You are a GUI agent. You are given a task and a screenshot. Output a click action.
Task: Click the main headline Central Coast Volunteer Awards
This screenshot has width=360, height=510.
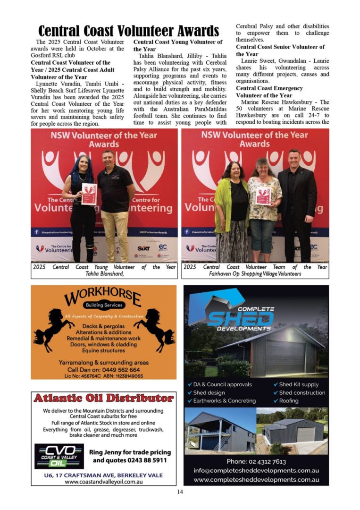coord(128,31)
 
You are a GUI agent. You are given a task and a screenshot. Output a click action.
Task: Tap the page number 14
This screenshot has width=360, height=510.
coord(180,492)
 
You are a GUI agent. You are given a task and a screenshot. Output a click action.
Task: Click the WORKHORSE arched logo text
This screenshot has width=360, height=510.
coord(103,298)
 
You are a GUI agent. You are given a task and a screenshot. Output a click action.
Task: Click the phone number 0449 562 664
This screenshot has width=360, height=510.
coord(116,370)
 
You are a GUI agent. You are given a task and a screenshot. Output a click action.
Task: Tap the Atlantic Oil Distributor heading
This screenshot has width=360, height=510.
coord(104,399)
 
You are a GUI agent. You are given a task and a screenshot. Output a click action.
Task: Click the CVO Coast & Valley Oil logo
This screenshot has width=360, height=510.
coord(59,456)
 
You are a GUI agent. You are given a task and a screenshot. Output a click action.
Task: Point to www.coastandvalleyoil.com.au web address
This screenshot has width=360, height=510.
coord(104,482)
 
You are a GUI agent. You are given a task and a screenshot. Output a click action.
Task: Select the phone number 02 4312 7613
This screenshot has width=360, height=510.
coord(256,461)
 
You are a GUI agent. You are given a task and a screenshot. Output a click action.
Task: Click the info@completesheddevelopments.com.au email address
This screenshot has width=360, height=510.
coord(256,470)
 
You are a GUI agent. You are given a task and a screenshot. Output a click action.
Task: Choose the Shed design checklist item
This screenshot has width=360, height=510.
coord(209,393)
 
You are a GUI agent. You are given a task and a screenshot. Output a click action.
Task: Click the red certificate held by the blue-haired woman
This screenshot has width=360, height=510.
coord(89,194)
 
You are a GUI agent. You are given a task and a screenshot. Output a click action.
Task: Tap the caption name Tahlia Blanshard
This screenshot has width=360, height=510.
coord(104,273)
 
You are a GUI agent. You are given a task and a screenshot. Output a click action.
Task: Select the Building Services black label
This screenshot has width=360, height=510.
coord(104,305)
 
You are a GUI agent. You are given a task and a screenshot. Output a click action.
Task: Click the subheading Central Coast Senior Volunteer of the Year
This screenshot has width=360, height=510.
coord(280,51)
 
